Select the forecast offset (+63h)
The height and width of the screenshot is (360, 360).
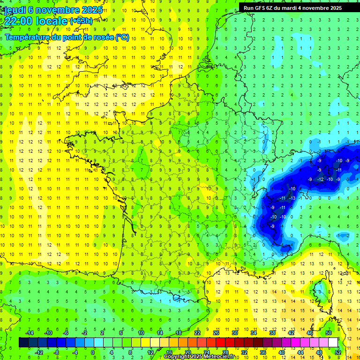81,21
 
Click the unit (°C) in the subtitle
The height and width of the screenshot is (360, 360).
122,37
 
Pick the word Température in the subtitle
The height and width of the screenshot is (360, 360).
28,37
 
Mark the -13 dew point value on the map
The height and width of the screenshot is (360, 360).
292,198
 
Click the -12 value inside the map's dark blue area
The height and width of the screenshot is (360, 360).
320,180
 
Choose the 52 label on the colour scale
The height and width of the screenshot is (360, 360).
338,352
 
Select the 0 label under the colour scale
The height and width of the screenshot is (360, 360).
92,352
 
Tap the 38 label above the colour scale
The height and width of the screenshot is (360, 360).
272,333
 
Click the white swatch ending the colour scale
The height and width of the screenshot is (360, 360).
333,342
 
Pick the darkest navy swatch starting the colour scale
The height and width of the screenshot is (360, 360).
23,342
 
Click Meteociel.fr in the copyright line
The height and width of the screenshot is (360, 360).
215,357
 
